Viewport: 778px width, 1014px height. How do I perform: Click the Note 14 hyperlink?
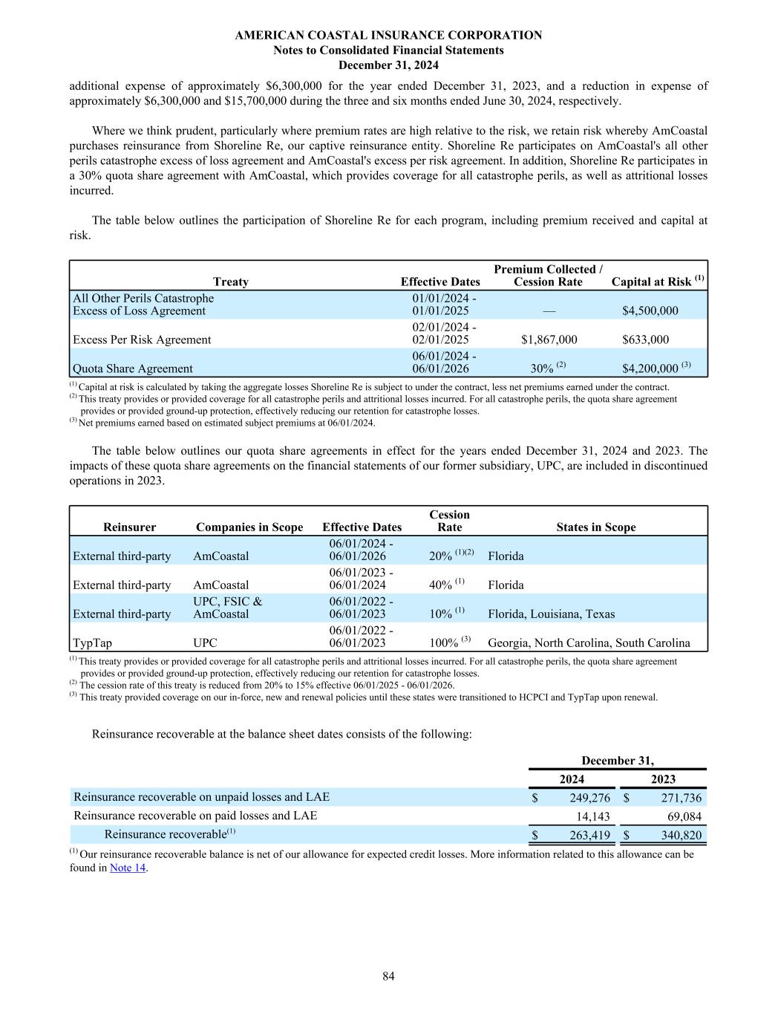point(128,868)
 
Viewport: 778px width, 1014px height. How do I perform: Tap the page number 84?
point(388,976)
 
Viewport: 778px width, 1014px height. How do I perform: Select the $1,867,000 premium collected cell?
point(549,339)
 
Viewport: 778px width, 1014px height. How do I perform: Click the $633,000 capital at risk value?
point(645,339)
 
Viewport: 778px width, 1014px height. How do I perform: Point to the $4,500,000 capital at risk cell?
point(650,311)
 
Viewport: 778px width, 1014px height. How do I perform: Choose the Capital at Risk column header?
point(657,282)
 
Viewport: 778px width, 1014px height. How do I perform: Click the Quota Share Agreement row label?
point(132,368)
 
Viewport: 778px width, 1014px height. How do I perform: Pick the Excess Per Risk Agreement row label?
point(141,339)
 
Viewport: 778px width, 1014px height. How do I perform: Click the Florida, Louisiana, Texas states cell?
point(552,614)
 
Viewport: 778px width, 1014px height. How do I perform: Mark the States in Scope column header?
point(595,527)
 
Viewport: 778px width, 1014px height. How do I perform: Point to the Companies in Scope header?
point(249,527)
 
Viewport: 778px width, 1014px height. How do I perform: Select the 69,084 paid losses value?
point(681,816)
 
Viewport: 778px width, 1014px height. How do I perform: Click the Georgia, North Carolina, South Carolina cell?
point(589,643)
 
